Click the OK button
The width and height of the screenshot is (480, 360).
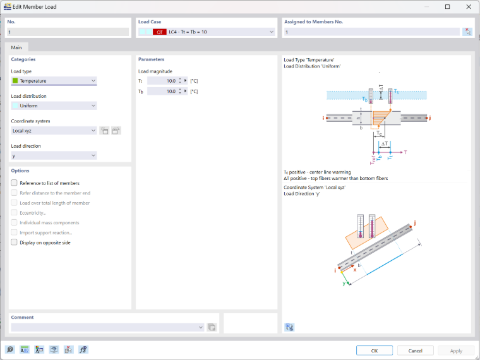tap(374, 351)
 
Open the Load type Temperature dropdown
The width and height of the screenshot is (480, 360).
tap(54, 81)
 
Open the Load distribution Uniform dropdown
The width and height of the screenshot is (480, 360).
tap(54, 105)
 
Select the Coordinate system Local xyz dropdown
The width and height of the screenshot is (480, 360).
tap(54, 131)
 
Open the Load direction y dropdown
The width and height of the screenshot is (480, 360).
tap(54, 155)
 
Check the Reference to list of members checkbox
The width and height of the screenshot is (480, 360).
tap(14, 183)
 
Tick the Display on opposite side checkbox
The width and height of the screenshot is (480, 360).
tap(14, 243)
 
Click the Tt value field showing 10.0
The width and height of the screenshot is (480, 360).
tap(162, 81)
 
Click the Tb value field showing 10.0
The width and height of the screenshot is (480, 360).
tap(162, 91)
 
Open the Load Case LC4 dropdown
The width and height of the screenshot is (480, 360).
tap(207, 32)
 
